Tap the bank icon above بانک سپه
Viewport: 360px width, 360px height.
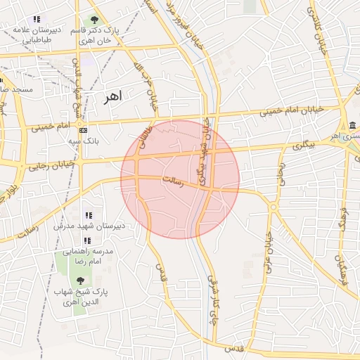coord(83,130)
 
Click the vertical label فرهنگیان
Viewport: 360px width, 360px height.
coord(343,270)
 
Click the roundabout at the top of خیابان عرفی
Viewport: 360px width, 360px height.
coord(272,207)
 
